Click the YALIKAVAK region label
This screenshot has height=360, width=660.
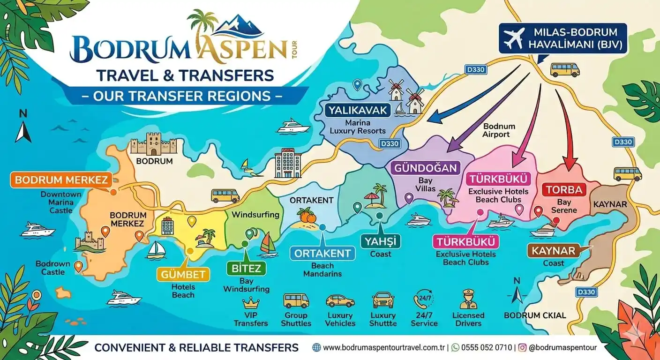pos(357,111)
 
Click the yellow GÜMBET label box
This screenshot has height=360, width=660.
pos(183,274)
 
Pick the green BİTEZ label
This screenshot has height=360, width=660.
pos(246,269)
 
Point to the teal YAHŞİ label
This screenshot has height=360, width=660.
pos(380,241)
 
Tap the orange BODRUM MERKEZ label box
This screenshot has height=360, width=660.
pos(61,180)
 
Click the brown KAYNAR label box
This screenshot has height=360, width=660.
pos(553,251)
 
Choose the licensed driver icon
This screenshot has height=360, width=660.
pos(468,300)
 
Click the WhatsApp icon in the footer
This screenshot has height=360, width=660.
pos(455,348)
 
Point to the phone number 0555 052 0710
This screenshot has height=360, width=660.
pos(487,348)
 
